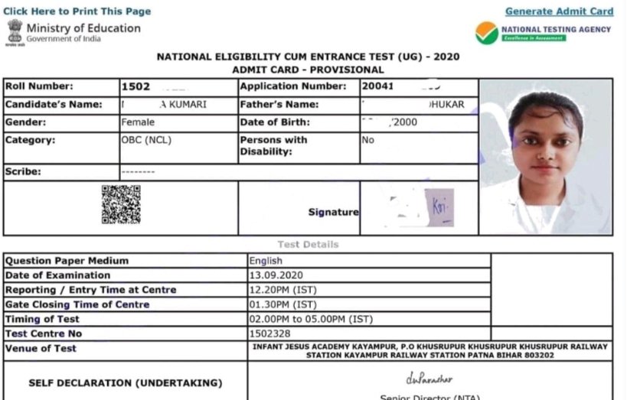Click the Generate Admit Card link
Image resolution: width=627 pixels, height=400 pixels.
559,11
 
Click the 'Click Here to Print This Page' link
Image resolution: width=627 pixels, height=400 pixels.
77,11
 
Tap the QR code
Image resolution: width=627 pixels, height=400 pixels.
121,204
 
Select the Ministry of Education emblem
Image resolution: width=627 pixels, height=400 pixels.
15,32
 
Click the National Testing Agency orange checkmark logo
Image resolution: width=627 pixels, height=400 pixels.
486,33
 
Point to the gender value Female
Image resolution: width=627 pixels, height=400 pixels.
138,122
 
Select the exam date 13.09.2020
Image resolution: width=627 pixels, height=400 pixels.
276,275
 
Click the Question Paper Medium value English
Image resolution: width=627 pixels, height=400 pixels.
266,261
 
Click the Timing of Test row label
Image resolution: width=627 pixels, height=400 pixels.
42,319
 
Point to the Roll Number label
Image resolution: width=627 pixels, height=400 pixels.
39,86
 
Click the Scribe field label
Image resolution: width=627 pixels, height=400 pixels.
23,172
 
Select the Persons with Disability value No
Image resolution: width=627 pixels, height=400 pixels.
368,141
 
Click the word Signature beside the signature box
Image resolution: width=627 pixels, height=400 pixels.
333,212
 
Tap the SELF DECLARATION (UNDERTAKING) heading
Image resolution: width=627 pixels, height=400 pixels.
126,382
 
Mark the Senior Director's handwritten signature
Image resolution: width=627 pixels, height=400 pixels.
429,379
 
